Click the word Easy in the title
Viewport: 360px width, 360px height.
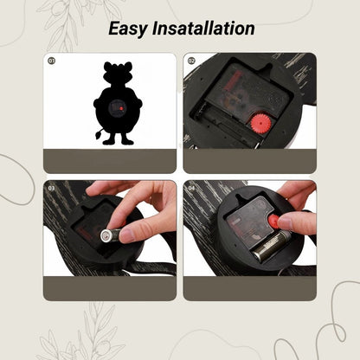click(128, 29)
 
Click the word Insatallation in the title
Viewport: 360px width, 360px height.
click(203, 28)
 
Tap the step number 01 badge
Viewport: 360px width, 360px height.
click(51, 61)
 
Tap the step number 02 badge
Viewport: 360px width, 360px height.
click(191, 61)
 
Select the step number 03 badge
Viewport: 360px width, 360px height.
click(51, 189)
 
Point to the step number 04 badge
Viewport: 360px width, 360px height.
click(191, 189)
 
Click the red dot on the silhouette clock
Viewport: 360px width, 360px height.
click(121, 108)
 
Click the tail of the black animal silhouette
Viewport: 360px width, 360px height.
click(99, 134)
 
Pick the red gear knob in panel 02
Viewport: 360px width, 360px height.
click(260, 123)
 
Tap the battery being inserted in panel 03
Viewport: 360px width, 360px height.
click(111, 235)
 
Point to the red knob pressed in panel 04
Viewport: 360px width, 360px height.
click(273, 222)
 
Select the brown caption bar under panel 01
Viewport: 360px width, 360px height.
click(110, 161)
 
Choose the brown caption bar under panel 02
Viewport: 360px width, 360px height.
click(250, 161)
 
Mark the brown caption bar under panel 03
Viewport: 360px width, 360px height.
click(110, 288)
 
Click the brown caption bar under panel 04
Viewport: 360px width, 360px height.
click(250, 288)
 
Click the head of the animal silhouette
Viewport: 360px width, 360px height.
click(118, 74)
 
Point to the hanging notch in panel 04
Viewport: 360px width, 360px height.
click(241, 197)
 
